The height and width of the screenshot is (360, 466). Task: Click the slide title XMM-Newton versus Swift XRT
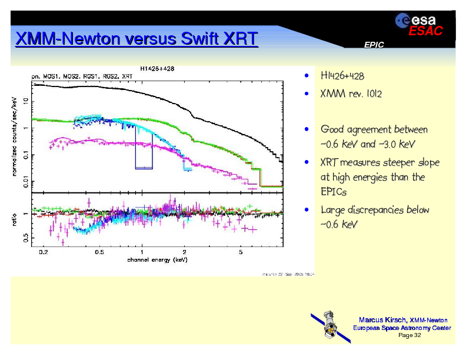coord(137,39)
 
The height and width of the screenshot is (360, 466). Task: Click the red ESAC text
coord(425,32)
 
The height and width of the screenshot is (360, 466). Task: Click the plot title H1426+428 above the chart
coord(157,68)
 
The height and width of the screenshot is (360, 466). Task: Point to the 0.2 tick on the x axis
coord(43,252)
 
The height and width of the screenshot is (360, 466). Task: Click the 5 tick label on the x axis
coord(240,252)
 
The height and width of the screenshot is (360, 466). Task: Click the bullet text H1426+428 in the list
coord(342,77)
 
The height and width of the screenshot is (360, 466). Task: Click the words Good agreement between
coord(374,129)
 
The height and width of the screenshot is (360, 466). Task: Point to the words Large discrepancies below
coord(374,210)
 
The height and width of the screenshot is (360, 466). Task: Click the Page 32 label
coord(410,335)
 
